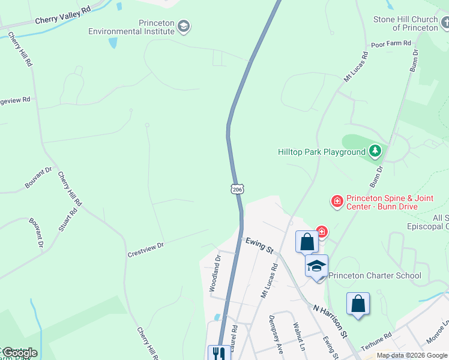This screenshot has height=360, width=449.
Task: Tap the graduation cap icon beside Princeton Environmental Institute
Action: [x=184, y=26]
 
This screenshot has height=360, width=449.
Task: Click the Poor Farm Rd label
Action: [x=391, y=44]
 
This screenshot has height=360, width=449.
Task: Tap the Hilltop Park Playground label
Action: [x=322, y=152]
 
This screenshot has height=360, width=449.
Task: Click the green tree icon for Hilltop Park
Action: [x=375, y=151]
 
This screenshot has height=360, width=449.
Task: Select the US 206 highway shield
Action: [x=237, y=190]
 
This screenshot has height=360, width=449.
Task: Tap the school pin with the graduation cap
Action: [x=316, y=265]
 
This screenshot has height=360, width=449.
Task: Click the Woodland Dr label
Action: [x=215, y=273]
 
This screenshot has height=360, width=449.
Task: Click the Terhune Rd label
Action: [x=381, y=340]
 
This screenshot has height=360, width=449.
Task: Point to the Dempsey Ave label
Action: [x=276, y=334]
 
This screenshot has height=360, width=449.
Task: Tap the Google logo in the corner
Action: [x=19, y=352]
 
